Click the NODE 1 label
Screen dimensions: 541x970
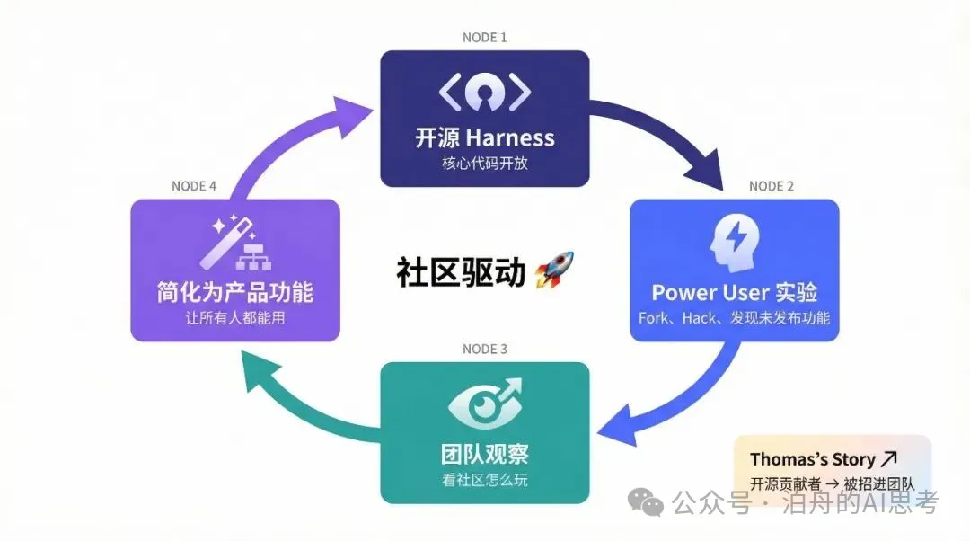(x=484, y=38)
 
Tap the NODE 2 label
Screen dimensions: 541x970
(x=772, y=186)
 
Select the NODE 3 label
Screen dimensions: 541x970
(x=484, y=349)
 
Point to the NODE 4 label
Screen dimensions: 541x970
(x=194, y=186)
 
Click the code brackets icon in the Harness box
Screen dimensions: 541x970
(x=484, y=93)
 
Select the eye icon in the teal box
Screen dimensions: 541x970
(x=484, y=407)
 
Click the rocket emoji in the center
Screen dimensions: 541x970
(x=553, y=270)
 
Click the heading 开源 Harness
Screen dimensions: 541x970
(x=484, y=138)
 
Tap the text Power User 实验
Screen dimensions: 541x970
(x=734, y=293)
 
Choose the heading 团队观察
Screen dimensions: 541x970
(x=484, y=452)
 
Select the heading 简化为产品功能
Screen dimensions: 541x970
(x=234, y=293)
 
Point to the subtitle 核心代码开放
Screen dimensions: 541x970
(x=484, y=164)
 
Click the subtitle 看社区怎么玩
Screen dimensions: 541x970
(x=484, y=480)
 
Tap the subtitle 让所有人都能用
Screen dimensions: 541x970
(x=234, y=318)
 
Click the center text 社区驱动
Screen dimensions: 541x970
(x=461, y=271)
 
